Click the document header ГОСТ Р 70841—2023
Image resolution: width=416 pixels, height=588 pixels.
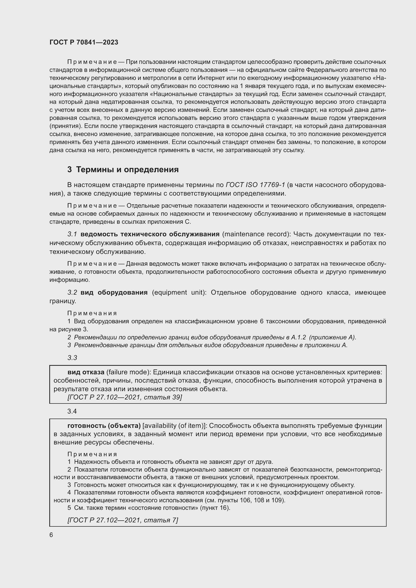(x=84, y=42)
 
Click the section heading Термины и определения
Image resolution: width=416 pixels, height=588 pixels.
(x=127, y=169)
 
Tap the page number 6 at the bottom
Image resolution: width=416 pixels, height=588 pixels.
(x=51, y=535)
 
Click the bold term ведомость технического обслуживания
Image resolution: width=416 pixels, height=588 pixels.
(x=150, y=234)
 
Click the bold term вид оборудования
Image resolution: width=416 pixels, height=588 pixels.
(x=114, y=292)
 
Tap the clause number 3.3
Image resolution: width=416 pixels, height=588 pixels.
(x=72, y=358)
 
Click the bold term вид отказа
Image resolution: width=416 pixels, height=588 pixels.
(x=86, y=372)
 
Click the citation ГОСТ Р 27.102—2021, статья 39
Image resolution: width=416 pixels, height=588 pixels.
(x=124, y=397)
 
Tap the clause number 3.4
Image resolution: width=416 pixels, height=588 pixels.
(x=72, y=411)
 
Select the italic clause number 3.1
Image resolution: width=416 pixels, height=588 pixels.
(x=72, y=234)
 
